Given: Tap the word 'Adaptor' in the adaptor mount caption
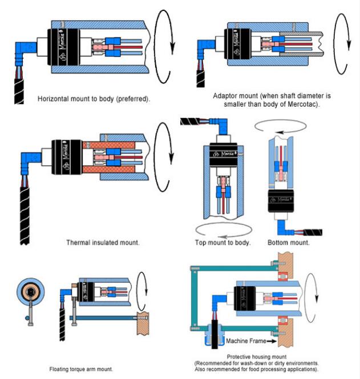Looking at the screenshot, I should pos(225,96).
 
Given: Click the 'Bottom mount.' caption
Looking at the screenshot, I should pos(289,242).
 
